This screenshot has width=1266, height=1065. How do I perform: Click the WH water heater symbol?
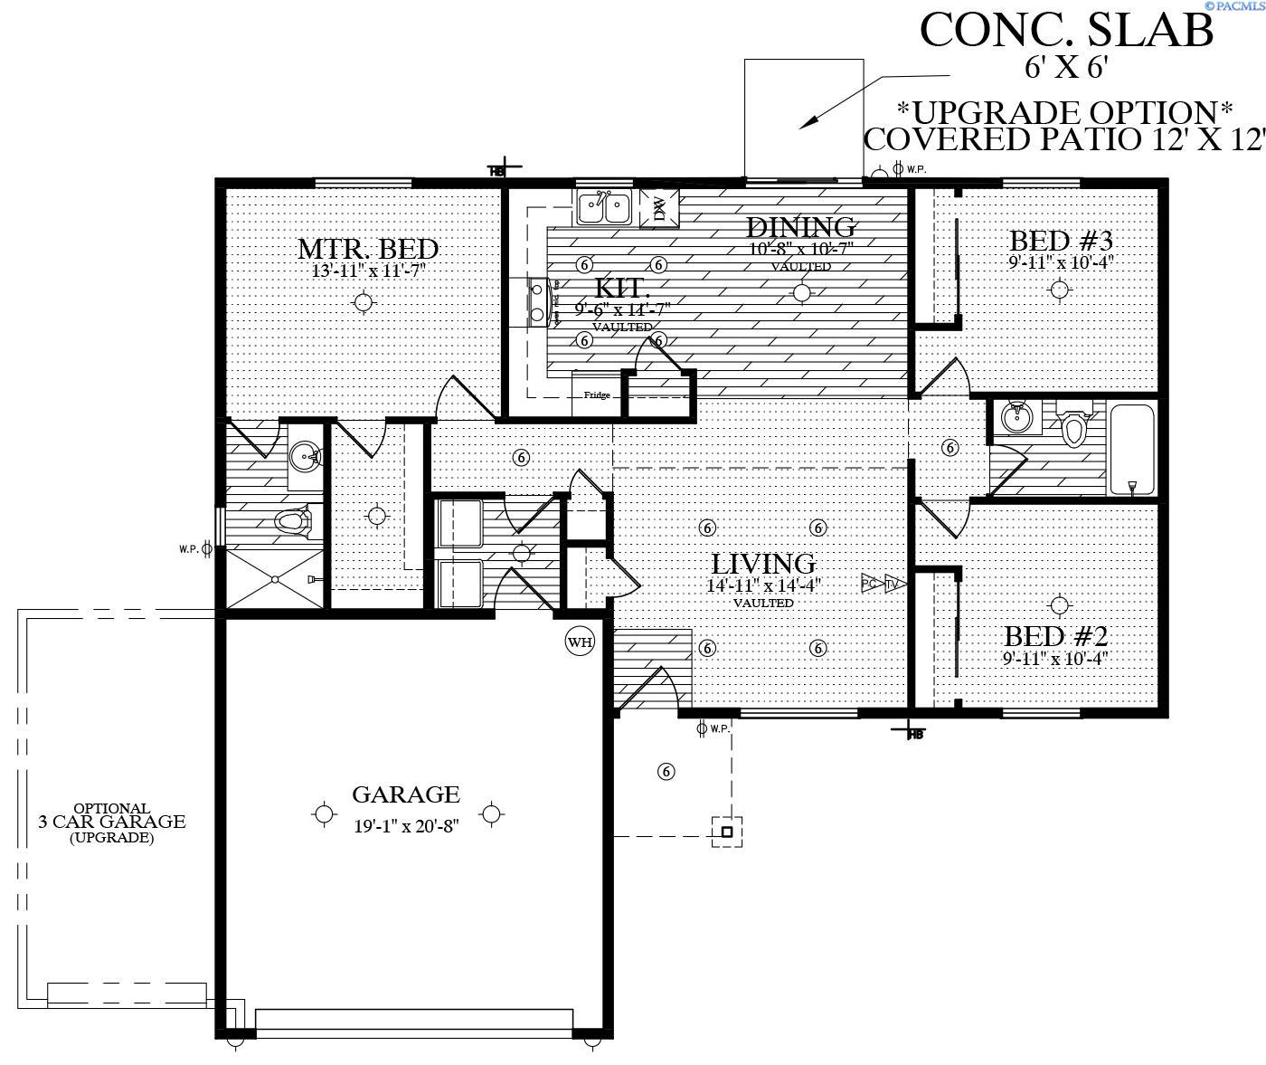click(580, 642)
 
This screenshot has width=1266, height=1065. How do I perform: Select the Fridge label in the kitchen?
click(596, 395)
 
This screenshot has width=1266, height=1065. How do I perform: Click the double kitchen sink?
click(604, 208)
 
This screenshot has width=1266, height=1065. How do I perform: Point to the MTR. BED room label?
click(368, 248)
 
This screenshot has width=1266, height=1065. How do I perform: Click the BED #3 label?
click(1060, 241)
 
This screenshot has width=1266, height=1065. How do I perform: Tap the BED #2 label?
click(1055, 635)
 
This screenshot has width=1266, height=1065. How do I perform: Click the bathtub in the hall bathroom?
click(1131, 450)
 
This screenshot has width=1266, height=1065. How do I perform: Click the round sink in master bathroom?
click(306, 456)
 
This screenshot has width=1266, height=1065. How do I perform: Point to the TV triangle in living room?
click(895, 584)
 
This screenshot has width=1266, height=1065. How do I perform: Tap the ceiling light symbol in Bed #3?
click(1059, 290)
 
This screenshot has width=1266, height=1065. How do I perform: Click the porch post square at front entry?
click(726, 831)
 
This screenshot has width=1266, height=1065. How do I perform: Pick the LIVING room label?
click(762, 565)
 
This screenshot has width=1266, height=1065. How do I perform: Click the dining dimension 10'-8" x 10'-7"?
click(801, 248)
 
